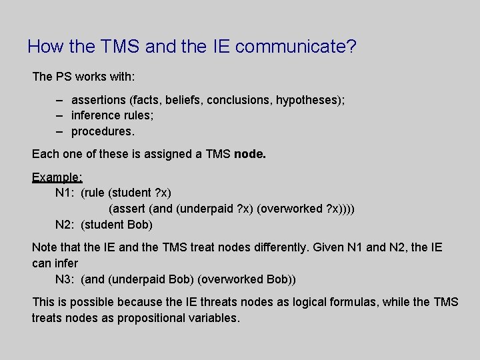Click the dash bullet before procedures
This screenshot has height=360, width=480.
(59, 131)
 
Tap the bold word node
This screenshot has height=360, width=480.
(251, 155)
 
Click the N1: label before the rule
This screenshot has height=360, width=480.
(65, 193)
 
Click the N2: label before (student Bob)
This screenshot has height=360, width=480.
(65, 224)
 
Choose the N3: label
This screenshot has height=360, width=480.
(65, 279)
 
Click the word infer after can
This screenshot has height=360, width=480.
(66, 263)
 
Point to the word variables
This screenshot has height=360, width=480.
(213, 318)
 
